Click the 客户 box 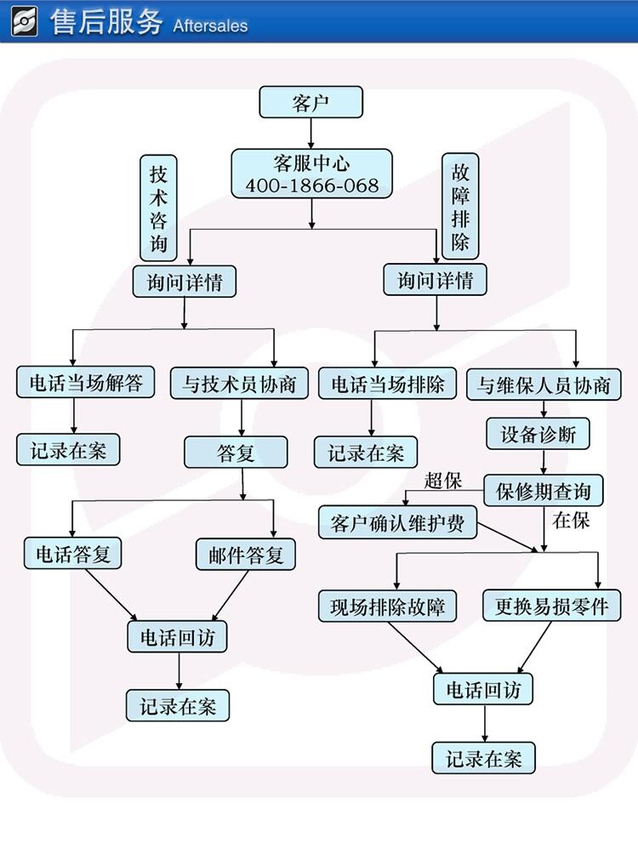310,104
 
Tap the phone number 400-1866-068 312,185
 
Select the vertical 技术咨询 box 158,208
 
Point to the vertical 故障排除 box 460,205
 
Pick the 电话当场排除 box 388,384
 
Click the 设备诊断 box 538,435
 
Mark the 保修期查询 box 544,491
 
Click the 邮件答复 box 246,555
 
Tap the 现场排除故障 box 388,607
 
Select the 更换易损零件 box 551,606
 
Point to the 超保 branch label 442,481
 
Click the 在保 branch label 571,520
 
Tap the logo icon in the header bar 24,20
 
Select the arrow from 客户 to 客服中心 311,133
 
